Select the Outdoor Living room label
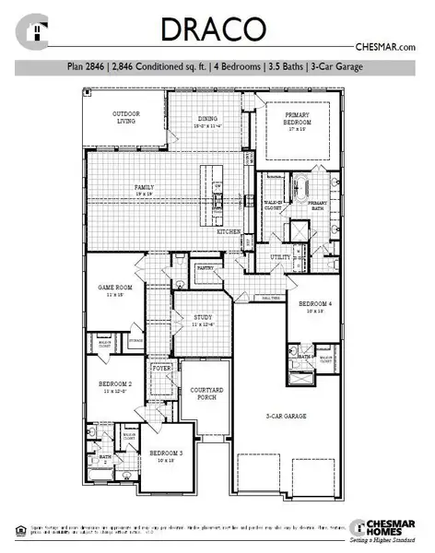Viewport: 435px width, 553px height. tap(126, 117)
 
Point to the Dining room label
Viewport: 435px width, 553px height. tap(207, 119)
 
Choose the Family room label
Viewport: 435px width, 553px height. tap(145, 187)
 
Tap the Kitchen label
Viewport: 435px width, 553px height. tap(229, 231)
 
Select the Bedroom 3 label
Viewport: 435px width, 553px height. tap(166, 453)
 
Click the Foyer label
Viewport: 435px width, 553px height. tap(163, 368)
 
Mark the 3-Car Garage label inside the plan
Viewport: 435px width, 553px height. tap(285, 416)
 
